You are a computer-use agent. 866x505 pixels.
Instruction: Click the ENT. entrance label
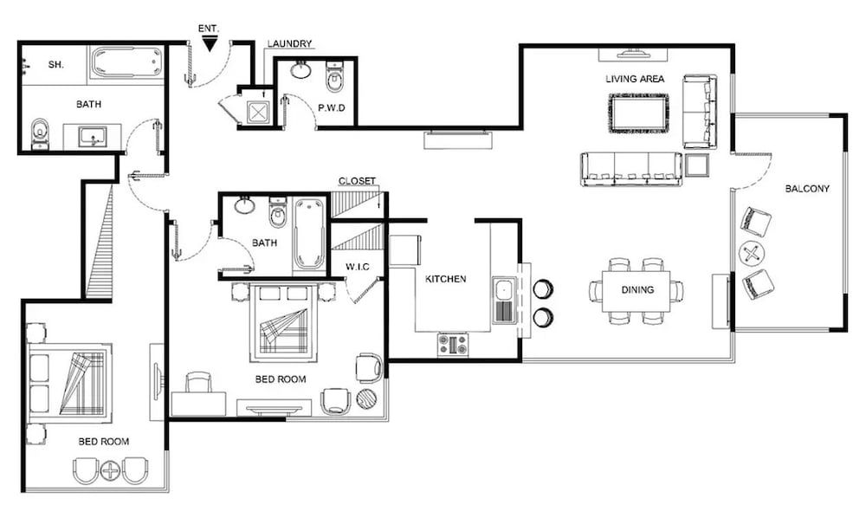(209, 28)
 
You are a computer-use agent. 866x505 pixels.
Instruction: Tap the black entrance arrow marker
(209, 42)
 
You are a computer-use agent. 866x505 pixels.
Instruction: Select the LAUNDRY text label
(289, 44)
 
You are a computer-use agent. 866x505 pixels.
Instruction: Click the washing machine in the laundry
(257, 110)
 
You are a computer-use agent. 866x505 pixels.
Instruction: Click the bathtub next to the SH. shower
(126, 63)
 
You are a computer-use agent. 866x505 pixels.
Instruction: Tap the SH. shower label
(56, 65)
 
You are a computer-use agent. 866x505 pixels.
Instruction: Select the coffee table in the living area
(639, 113)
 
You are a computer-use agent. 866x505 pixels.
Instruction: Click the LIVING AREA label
(635, 79)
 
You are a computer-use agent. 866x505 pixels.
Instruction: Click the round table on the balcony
(752, 254)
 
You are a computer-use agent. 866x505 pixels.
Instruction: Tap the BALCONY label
(807, 189)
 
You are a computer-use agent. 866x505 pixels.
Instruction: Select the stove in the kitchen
(453, 344)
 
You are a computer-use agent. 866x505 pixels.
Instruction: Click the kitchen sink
(504, 300)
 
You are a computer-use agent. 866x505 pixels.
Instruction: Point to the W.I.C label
(359, 267)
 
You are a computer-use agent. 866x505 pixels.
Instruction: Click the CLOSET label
(357, 181)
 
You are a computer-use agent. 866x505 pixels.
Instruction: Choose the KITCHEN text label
(446, 279)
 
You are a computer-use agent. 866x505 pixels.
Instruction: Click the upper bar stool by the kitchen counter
(543, 288)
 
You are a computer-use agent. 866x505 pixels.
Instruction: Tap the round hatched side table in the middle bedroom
(367, 399)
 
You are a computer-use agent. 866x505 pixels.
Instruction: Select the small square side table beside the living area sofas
(697, 164)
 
